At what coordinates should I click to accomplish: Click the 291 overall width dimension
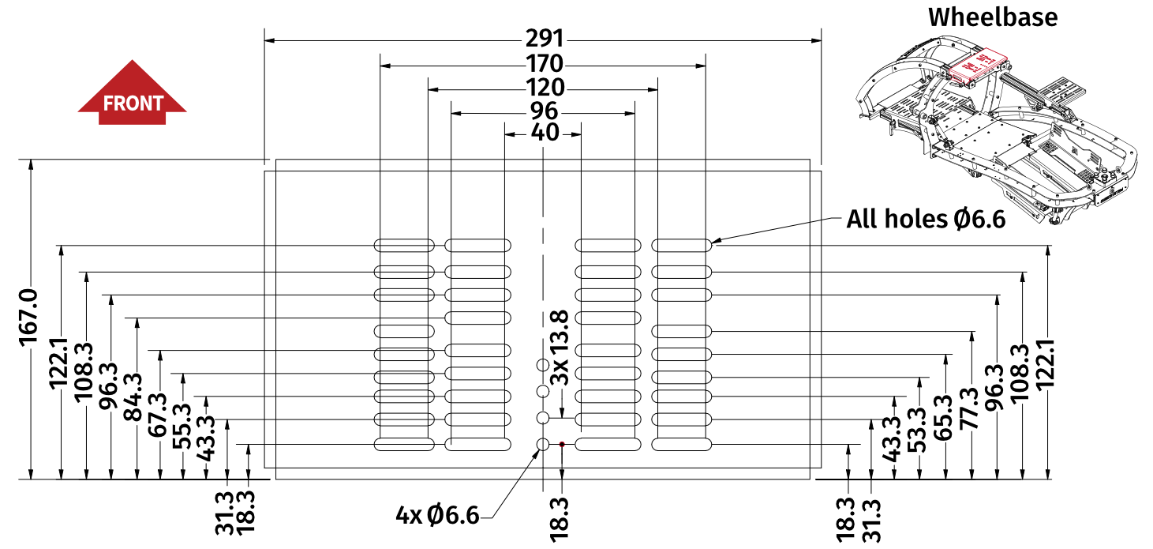point(544,39)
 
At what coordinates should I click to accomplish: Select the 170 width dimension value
point(544,63)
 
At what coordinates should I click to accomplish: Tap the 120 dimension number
point(544,87)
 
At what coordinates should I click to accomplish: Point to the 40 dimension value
point(545,133)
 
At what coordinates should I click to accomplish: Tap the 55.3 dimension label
point(182,427)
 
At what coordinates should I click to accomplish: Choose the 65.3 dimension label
point(945,418)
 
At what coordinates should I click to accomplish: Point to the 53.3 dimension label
point(919,430)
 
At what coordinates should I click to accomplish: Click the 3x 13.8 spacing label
point(560,348)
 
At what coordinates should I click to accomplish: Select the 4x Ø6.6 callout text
point(438,516)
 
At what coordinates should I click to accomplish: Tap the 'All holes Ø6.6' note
point(926,219)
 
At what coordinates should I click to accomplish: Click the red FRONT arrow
point(132,95)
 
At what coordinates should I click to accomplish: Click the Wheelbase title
point(992,17)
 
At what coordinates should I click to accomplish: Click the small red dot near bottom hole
point(562,445)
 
